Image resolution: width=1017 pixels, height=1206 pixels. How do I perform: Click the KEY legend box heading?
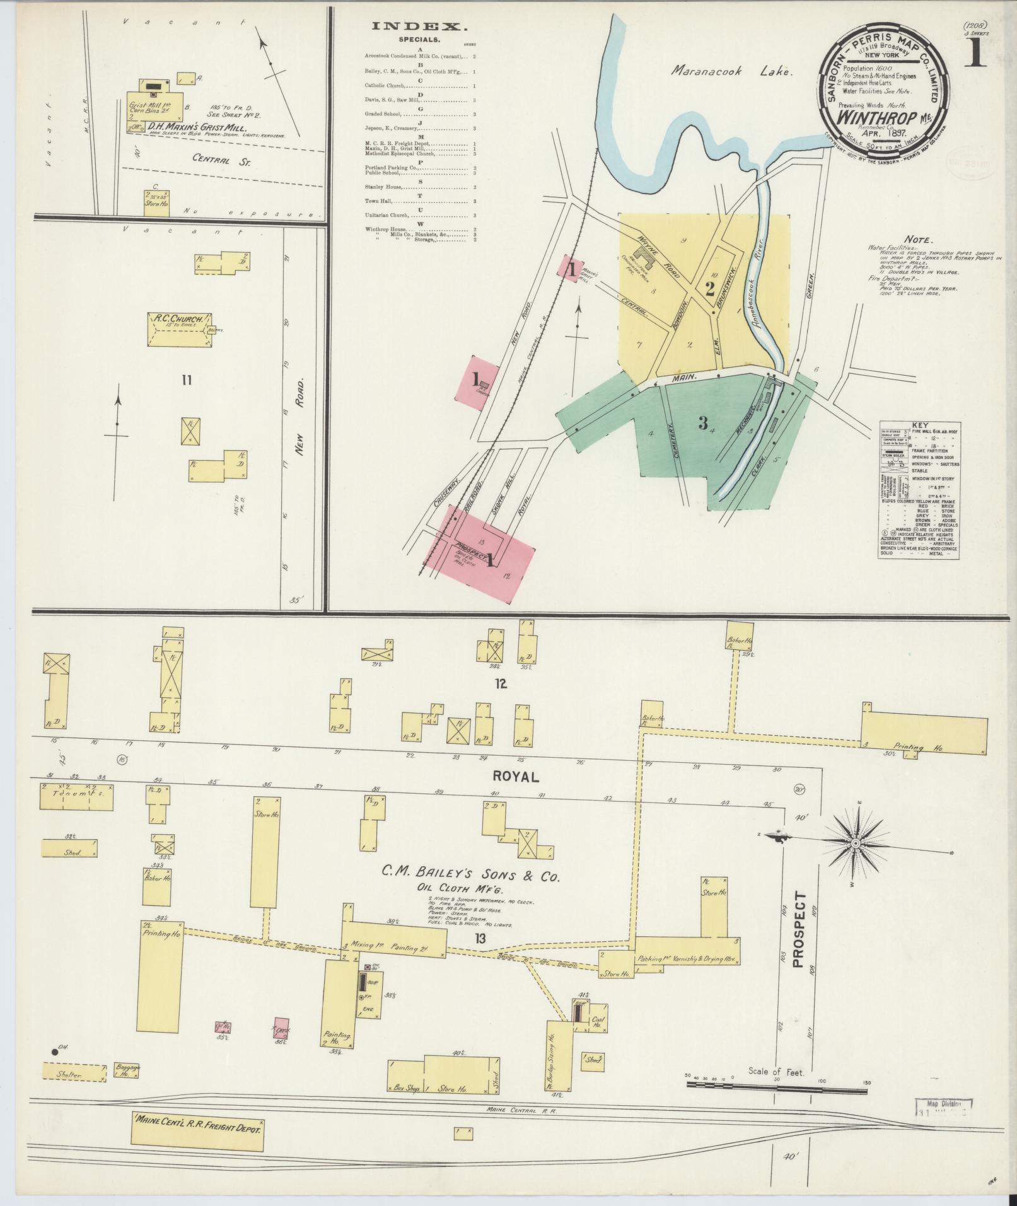(x=918, y=424)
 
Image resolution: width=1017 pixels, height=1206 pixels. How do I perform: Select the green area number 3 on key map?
(x=702, y=424)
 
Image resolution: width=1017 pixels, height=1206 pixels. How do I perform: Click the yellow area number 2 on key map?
(x=709, y=289)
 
